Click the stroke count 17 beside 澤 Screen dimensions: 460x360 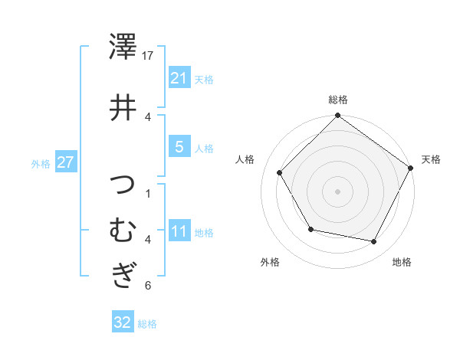[149, 56]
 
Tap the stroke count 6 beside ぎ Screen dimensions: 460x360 [147, 286]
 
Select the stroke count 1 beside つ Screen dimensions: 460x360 [147, 193]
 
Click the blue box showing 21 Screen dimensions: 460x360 [179, 77]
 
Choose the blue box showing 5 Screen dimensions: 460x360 [179, 147]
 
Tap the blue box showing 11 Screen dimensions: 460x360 [179, 231]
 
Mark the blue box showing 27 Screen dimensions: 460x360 [66, 162]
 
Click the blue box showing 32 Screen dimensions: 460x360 [122, 322]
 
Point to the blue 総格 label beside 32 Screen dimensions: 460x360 [147, 324]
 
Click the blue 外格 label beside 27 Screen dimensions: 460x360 [41, 164]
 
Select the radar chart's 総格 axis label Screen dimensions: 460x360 [338, 100]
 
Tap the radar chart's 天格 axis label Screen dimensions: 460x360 [431, 159]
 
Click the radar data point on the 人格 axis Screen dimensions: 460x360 [280, 173]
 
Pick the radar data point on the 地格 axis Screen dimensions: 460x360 [374, 242]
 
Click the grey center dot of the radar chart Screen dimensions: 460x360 [338, 191]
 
